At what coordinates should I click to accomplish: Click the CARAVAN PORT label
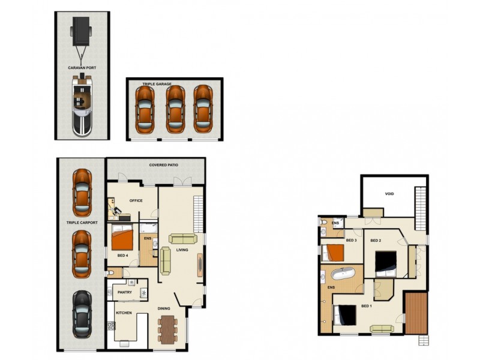pos(83,68)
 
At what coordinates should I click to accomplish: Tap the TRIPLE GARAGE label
pos(156,85)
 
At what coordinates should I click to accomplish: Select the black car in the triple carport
pos(83,314)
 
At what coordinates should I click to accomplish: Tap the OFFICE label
pos(136,200)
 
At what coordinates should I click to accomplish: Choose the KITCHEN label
pos(124,313)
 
